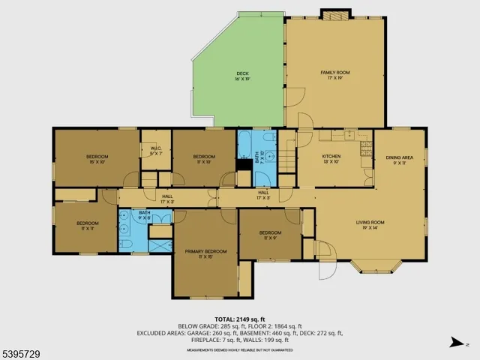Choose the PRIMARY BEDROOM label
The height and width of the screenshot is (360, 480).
point(205,253)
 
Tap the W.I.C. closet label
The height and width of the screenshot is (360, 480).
point(156,150)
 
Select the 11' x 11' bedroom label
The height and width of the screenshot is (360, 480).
point(88,225)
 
